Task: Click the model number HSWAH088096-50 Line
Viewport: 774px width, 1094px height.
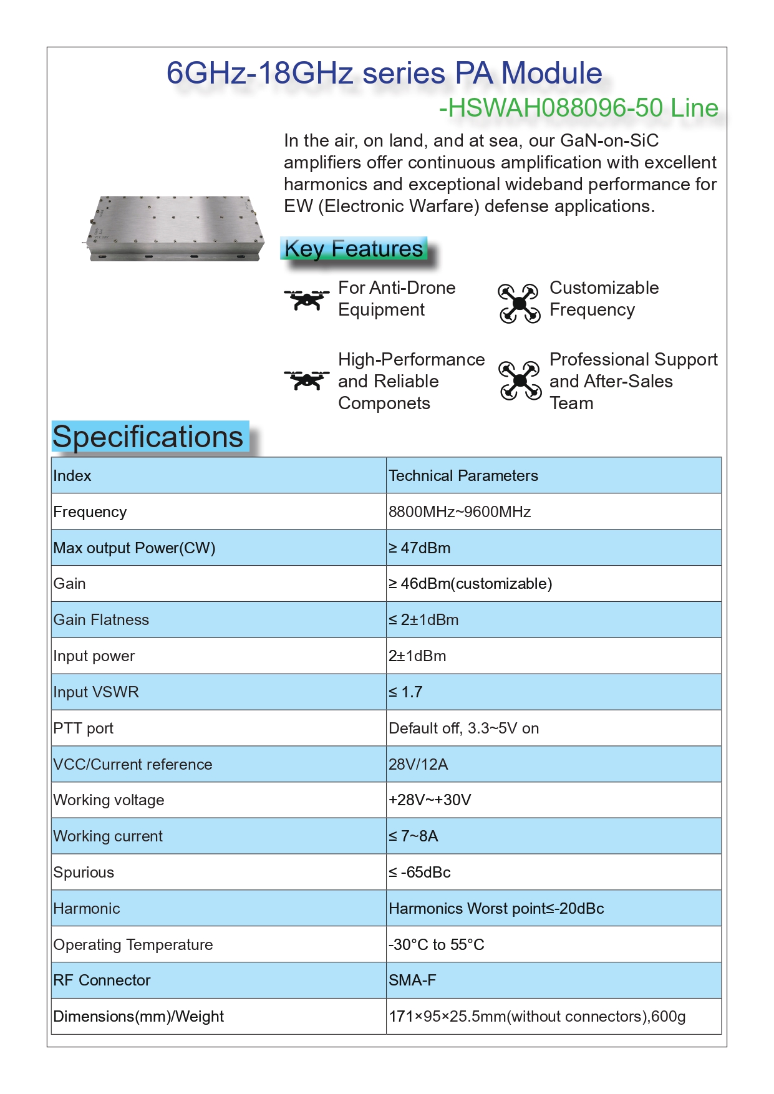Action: [579, 108]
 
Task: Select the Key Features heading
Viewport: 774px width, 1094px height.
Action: [354, 248]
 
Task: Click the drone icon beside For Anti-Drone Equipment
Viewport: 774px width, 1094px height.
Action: [306, 299]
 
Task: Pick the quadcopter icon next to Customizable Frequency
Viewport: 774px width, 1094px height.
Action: [519, 303]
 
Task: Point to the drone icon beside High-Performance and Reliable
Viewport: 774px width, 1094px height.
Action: [306, 379]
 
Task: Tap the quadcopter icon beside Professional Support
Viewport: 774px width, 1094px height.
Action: [519, 380]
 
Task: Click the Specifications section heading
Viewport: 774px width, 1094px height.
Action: [148, 437]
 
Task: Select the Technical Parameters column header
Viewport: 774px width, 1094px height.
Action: [463, 476]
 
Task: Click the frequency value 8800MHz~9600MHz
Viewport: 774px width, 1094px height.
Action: [460, 512]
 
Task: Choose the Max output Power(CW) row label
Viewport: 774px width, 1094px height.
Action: [134, 548]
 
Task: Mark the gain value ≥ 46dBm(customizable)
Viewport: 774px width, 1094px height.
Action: [470, 584]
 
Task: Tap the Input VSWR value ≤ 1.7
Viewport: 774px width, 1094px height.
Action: [405, 692]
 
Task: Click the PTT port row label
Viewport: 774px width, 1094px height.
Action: [84, 729]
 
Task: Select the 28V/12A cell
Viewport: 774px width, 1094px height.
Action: [418, 765]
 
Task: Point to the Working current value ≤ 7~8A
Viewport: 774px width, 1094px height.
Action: [414, 836]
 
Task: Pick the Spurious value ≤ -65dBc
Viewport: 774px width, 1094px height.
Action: [419, 873]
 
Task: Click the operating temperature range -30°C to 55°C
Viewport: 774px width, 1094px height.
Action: [436, 945]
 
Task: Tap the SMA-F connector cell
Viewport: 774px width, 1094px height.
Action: [412, 980]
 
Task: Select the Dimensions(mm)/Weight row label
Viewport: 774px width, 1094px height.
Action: [138, 1017]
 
